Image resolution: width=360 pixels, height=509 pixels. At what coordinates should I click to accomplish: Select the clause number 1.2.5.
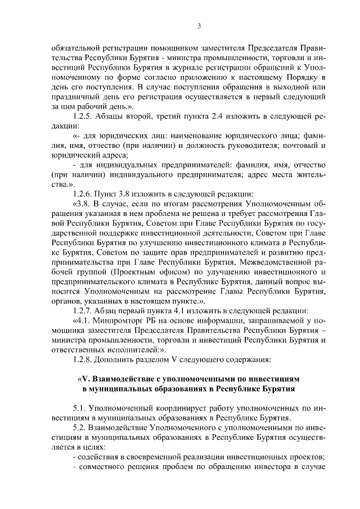tap(84, 115)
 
